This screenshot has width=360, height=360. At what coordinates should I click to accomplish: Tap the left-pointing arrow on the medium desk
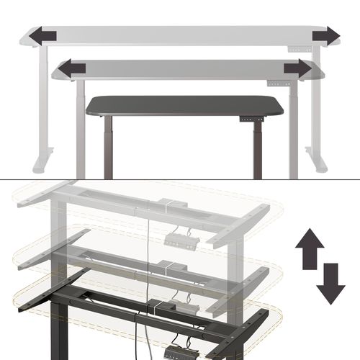coord(72,68)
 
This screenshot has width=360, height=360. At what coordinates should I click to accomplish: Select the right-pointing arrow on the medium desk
coord(297,68)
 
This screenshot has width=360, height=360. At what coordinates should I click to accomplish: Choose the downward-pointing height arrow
coord(330,285)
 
